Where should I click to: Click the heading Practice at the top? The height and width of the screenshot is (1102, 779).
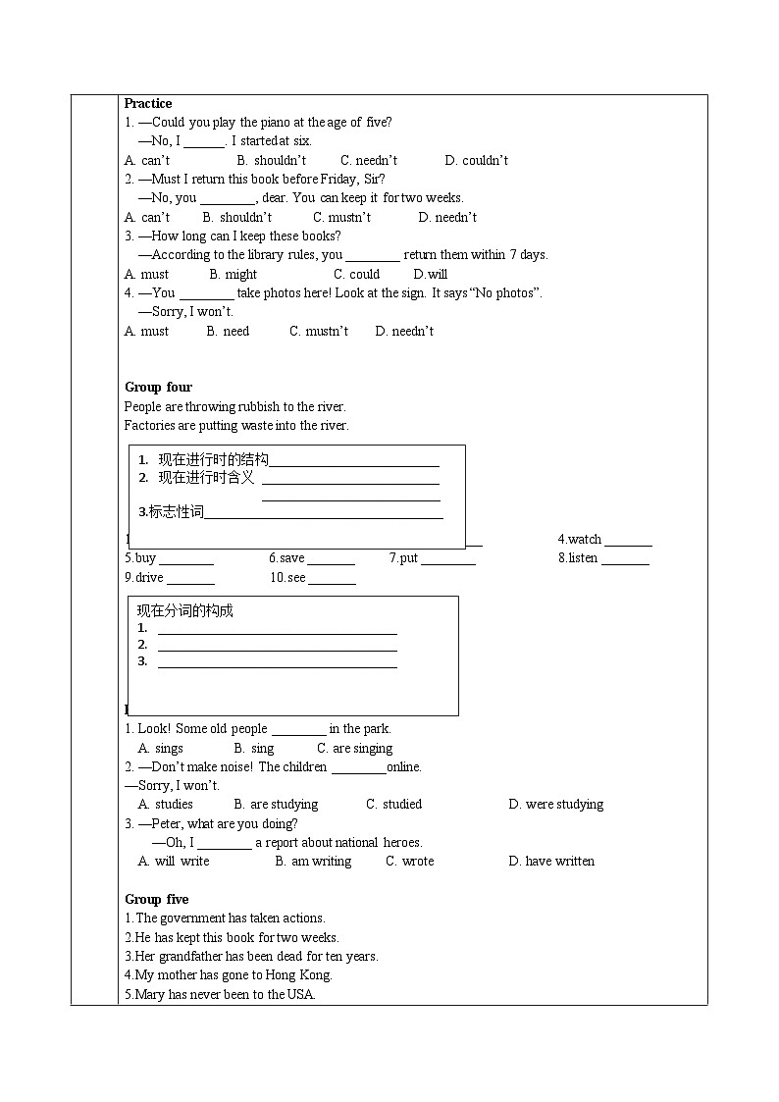(x=148, y=103)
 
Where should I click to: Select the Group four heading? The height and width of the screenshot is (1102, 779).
(x=158, y=387)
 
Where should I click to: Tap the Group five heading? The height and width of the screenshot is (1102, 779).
(x=157, y=899)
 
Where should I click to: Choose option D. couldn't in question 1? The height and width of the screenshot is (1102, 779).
(x=476, y=160)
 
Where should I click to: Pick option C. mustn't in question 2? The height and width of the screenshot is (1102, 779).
(x=341, y=217)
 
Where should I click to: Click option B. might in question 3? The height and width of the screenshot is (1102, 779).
(x=233, y=274)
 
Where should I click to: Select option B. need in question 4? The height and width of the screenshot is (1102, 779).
(x=228, y=331)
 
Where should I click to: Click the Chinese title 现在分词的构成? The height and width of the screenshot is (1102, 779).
(x=184, y=610)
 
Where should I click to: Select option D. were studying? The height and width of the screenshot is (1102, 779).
(x=555, y=804)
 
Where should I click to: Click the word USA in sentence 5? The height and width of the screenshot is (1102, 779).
(x=300, y=994)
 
